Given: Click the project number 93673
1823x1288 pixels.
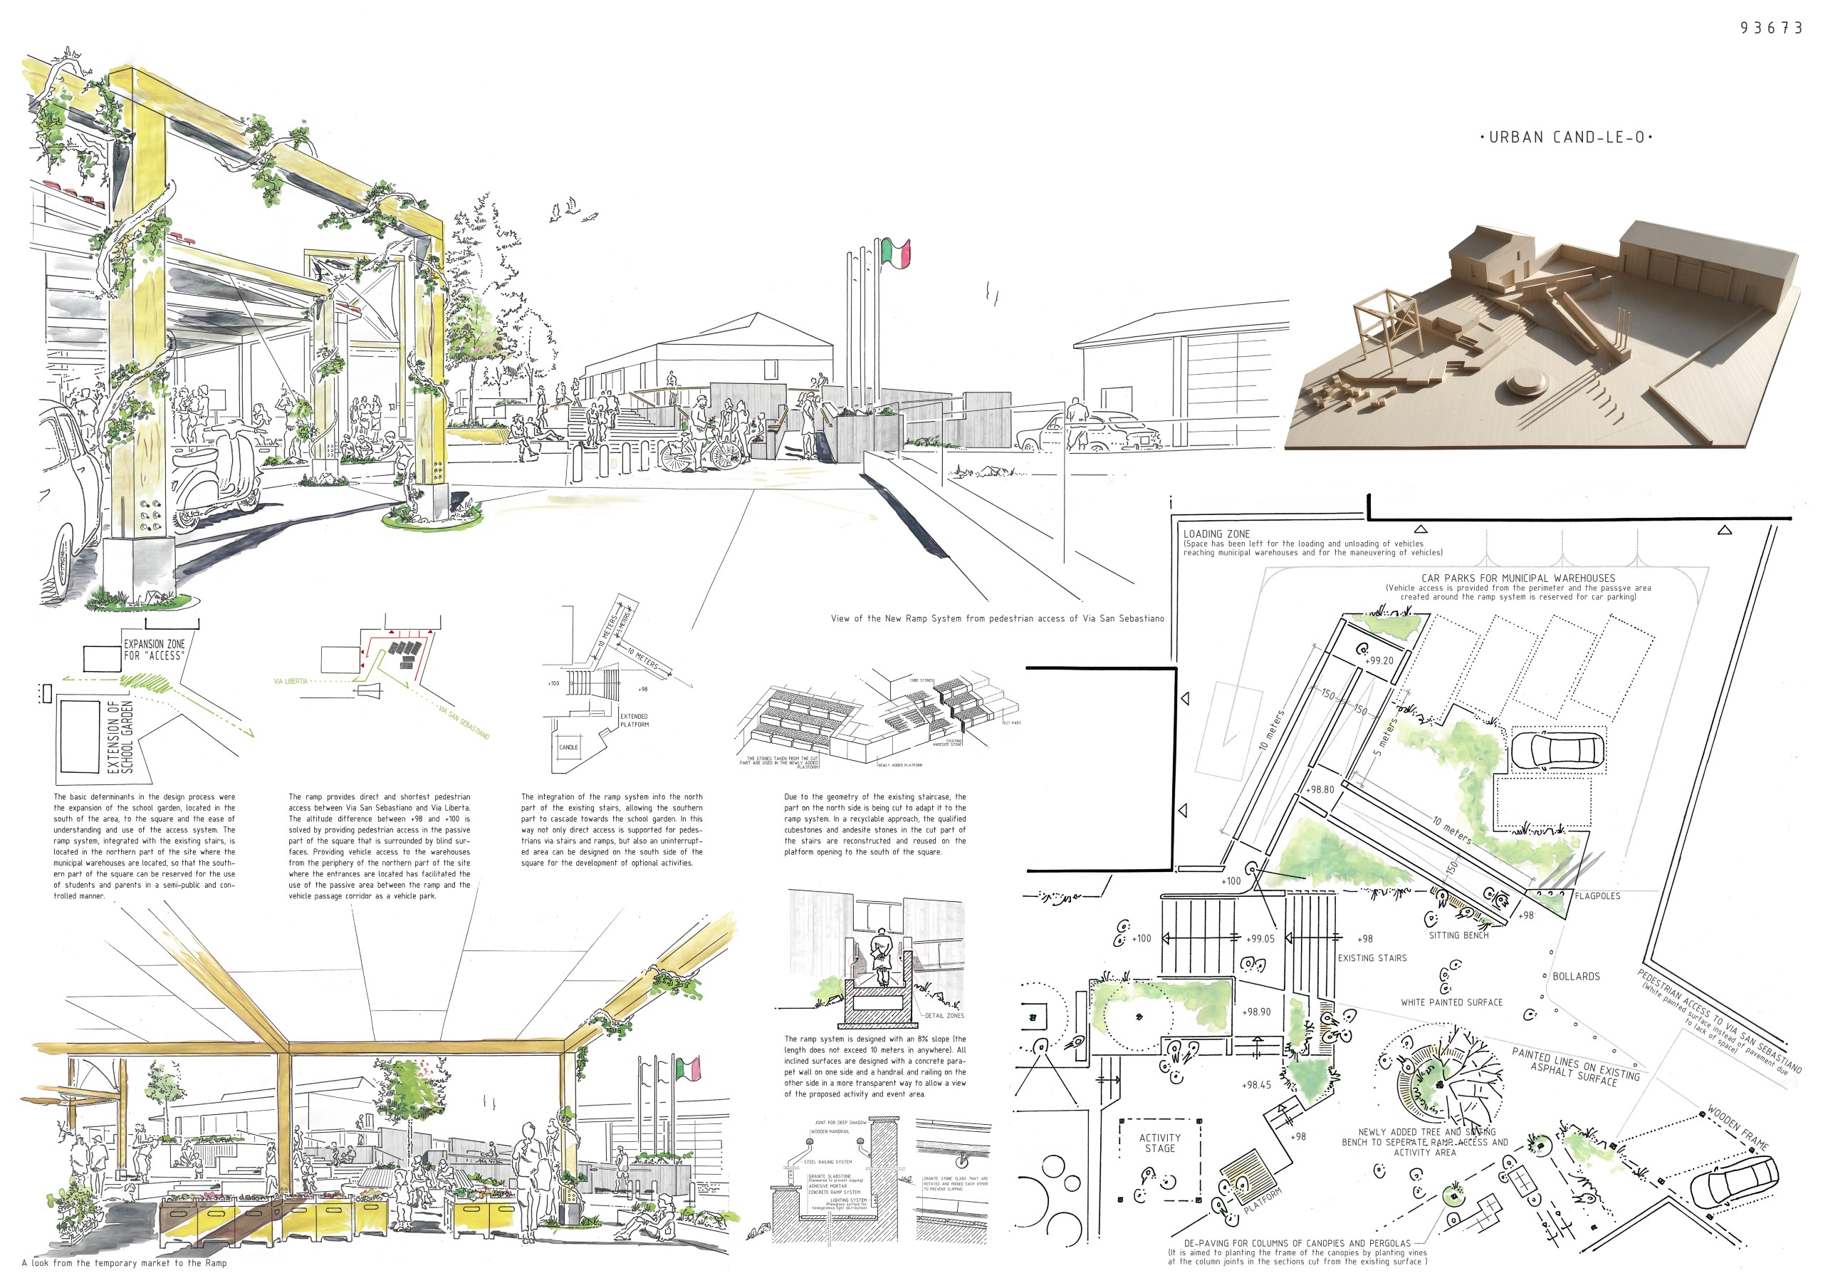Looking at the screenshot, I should click(1770, 28).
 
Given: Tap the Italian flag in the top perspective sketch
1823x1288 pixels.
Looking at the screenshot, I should click(895, 251).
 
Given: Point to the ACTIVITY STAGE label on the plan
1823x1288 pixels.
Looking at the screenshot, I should click(1159, 1143).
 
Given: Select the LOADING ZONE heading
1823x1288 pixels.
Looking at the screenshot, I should click(1216, 534).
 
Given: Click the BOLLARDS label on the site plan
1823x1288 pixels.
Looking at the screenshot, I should click(1576, 977).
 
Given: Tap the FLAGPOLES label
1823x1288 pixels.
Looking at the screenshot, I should click(1597, 895).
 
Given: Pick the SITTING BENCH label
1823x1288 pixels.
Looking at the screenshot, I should click(1458, 935).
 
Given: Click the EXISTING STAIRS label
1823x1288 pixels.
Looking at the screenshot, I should click(1372, 958).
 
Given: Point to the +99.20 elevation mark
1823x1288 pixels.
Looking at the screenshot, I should click(1379, 660).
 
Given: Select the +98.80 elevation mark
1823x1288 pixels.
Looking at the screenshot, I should click(1320, 789).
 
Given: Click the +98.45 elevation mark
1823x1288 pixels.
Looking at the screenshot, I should click(1256, 1085).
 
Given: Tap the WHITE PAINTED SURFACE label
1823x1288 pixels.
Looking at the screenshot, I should click(1451, 1003).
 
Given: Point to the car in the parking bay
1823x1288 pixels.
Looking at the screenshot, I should click(1557, 750).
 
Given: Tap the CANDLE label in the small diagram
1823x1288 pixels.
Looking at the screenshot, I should click(568, 747).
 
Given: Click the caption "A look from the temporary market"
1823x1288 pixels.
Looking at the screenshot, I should click(124, 1262).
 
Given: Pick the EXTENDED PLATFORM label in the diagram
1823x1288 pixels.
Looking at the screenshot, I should click(634, 720).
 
